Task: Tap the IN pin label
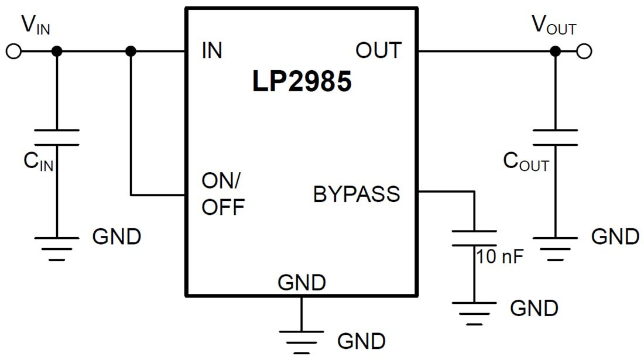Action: point(212,51)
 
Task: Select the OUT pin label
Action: point(379,51)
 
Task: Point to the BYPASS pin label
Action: point(357,194)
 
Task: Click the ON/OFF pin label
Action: point(222,193)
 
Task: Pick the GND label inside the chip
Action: point(302,283)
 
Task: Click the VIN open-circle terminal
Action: point(13,52)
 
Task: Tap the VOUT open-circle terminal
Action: point(584,52)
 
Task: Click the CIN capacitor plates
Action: point(56,138)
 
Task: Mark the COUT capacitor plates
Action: point(555,138)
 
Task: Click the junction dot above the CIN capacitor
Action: point(56,52)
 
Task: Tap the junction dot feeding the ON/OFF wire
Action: point(131,52)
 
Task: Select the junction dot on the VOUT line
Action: point(555,52)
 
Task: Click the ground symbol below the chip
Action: point(302,340)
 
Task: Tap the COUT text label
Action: point(526,162)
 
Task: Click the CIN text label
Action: point(38,162)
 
